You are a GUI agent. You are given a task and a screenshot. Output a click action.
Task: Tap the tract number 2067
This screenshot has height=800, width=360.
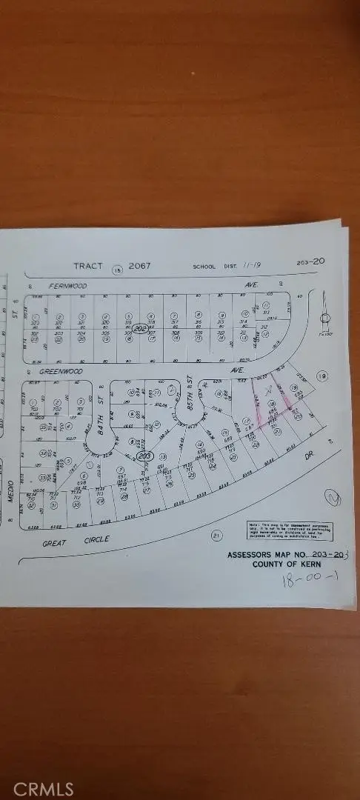pyautogui.click(x=139, y=265)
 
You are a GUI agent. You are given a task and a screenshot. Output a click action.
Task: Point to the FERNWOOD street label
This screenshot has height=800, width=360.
pyautogui.click(x=68, y=285)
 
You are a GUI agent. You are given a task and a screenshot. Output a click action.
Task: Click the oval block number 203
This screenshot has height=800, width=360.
pyautogui.click(x=146, y=456)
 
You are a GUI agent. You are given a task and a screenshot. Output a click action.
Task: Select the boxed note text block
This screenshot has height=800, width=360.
pyautogui.click(x=290, y=531)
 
